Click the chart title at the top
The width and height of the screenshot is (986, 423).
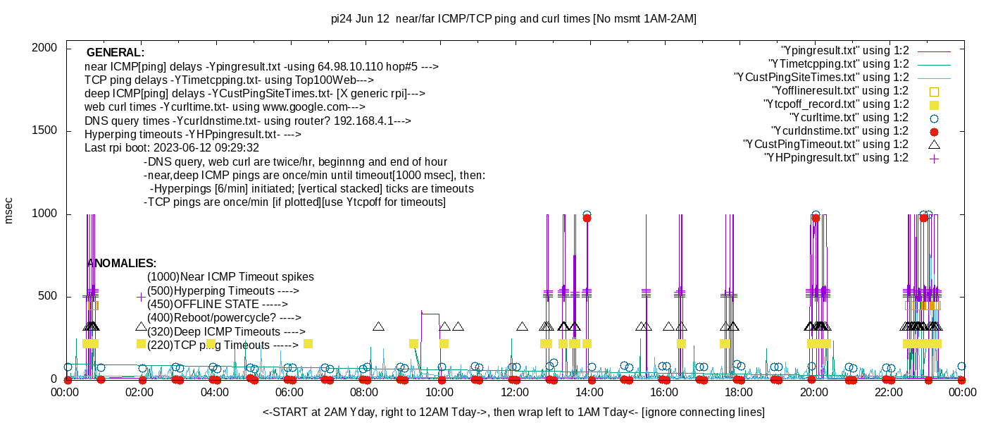pos(513,19)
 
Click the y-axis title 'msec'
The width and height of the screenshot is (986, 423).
pos(9,210)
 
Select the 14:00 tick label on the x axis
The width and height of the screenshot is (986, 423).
pos(589,393)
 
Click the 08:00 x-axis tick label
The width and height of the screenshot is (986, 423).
pos(366,393)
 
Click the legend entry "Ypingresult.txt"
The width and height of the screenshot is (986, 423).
pos(845,51)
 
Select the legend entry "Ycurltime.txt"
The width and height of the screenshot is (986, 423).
pos(849,118)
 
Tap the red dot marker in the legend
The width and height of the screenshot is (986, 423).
pos(934,131)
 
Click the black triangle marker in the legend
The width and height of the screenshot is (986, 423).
pos(934,145)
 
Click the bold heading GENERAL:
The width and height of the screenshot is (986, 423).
pos(115,53)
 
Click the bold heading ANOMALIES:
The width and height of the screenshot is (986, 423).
pos(121,263)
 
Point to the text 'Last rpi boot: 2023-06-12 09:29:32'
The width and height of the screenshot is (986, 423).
pos(172,148)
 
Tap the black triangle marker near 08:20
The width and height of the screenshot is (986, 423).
pos(378,326)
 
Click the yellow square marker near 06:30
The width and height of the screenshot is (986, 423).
pos(308,343)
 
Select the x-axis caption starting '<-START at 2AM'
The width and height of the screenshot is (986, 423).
pos(513,412)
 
